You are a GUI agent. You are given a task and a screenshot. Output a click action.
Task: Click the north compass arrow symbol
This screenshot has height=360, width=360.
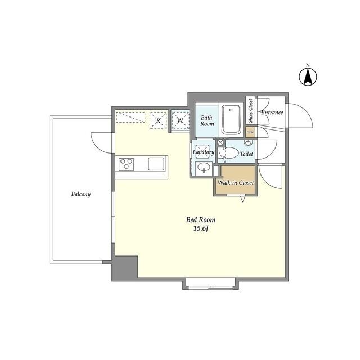point(308,76)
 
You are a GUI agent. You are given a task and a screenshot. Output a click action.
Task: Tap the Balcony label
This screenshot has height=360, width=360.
point(81,194)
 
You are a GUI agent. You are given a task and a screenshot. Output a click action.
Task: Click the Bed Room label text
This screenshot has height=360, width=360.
point(201,220)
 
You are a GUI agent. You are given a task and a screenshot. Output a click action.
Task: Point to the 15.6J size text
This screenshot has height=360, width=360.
point(201,229)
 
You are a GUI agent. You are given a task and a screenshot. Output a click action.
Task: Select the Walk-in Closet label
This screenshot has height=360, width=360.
point(236,183)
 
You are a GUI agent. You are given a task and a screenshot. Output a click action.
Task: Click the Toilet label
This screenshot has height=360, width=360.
point(246,154)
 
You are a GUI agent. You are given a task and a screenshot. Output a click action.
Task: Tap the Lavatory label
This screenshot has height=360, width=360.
point(203,152)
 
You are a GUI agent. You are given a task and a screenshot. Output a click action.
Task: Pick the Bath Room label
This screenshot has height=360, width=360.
point(207,121)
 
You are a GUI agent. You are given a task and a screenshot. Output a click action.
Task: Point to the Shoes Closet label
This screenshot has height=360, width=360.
point(250,112)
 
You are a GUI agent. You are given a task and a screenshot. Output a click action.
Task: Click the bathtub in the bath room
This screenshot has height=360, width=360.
point(231,120)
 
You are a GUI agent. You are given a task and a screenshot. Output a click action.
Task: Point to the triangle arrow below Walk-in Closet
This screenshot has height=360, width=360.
point(243,199)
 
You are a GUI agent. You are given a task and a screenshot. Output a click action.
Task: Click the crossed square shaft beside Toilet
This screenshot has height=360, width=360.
point(220,142)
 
